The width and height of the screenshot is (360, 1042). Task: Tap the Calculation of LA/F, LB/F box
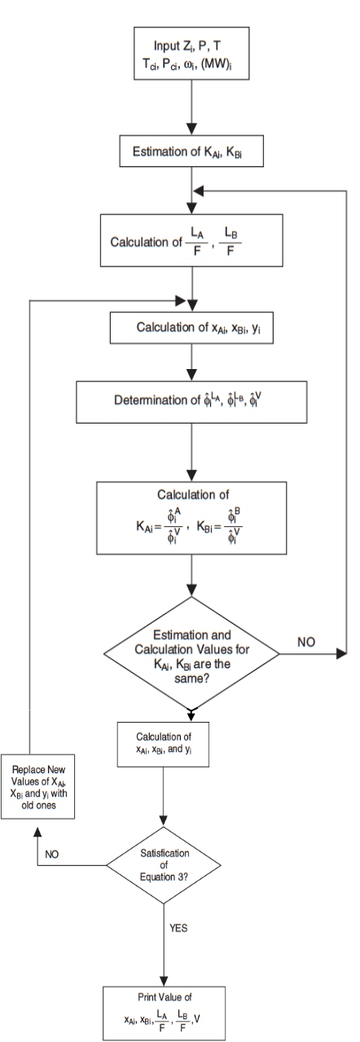(191, 240)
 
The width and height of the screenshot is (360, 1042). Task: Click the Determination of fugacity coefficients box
(191, 402)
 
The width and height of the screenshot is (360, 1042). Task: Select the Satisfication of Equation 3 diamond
(166, 864)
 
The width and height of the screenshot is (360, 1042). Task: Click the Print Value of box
(166, 1009)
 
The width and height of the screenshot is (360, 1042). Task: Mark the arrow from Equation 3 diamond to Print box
(166, 941)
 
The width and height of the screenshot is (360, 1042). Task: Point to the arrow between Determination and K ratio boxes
(191, 451)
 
